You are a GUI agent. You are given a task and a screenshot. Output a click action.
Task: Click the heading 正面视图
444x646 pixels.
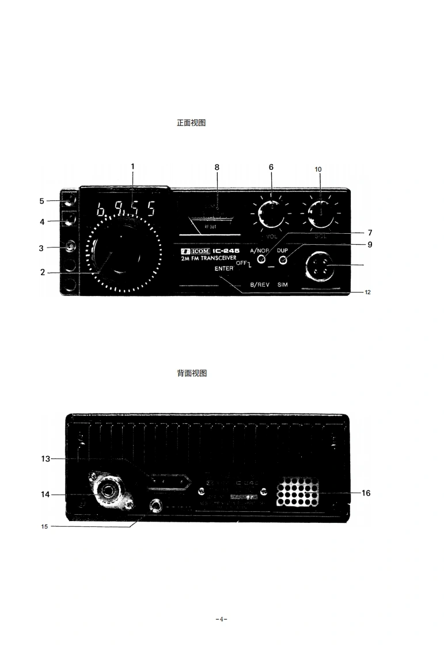click(x=191, y=123)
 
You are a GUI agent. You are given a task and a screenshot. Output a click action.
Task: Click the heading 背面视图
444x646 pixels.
click(x=191, y=373)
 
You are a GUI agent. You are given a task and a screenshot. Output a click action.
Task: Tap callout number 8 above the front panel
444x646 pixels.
click(x=217, y=168)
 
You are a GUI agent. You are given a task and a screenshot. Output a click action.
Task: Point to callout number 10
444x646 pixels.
click(x=318, y=169)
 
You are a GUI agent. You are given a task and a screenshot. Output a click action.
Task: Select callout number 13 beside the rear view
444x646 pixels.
click(x=45, y=459)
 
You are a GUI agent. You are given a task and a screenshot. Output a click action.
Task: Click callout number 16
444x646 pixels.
click(x=366, y=493)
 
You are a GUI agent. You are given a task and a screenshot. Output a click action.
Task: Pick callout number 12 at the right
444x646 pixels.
click(x=367, y=292)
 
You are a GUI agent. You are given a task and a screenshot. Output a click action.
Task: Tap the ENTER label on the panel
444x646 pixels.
click(x=224, y=269)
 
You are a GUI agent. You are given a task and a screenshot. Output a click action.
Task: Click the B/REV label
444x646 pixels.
click(x=259, y=285)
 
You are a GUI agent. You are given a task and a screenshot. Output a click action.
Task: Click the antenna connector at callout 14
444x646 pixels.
click(x=108, y=491)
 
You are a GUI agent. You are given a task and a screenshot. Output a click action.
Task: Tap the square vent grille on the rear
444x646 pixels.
click(x=298, y=493)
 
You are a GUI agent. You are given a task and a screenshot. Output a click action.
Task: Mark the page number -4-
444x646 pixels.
click(x=222, y=620)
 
